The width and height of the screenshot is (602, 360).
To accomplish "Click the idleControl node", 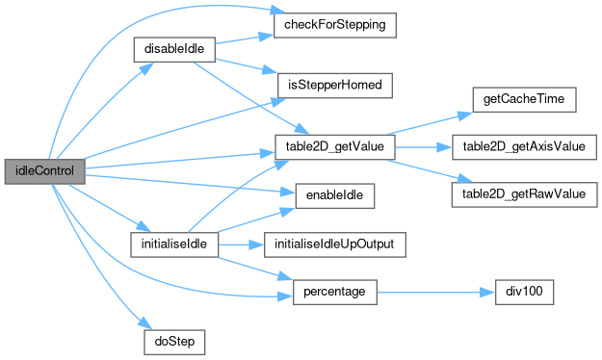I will pyautogui.click(x=45, y=170).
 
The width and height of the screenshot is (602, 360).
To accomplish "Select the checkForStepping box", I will pyautogui.click(x=334, y=24).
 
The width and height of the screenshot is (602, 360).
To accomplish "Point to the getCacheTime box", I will pyautogui.click(x=523, y=99).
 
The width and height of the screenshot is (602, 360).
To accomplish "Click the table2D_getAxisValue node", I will pyautogui.click(x=523, y=146).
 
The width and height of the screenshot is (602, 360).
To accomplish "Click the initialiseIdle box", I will pyautogui.click(x=173, y=244).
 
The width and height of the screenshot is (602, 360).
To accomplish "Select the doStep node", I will pyautogui.click(x=173, y=341).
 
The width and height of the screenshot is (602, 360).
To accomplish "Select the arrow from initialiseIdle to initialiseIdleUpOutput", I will pyautogui.click(x=241, y=244).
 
